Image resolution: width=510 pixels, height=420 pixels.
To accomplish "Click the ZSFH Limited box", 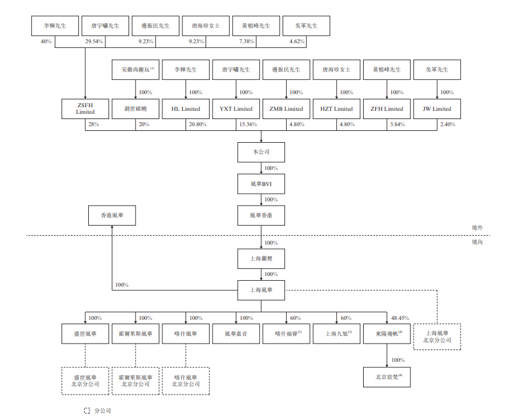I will point(85,109).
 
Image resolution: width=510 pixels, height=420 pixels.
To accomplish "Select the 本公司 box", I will point(261,152).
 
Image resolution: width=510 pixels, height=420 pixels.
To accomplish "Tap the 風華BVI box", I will point(261,184).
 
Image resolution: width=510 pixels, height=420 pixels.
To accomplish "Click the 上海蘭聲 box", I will point(261,258).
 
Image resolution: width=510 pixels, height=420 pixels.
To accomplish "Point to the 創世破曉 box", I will point(136,109).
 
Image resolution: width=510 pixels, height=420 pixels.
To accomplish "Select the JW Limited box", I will point(437,109).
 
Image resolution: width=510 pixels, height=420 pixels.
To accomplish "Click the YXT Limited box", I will point(236,109).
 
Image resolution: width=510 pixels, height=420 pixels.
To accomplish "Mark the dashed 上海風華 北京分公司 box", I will point(437,336).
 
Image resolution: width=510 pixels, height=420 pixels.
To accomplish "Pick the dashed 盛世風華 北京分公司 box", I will point(85,380).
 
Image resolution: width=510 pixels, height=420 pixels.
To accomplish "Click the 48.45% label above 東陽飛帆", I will point(399,318).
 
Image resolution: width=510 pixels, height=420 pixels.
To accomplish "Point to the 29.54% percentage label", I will point(95,41).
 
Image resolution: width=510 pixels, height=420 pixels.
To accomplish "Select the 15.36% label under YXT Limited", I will point(246,124).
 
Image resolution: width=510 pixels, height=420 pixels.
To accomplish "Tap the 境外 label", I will point(477,227).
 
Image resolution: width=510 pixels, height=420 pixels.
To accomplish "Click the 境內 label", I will point(477,242).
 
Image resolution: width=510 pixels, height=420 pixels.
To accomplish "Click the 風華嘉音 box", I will point(236,334).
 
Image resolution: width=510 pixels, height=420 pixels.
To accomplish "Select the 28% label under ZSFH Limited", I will point(93,124).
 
